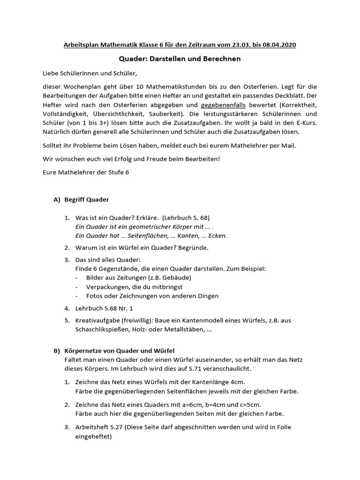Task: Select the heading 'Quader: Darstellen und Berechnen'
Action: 180,59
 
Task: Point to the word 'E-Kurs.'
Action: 305,123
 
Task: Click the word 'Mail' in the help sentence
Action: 288,145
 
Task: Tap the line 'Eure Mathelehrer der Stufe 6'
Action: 86,172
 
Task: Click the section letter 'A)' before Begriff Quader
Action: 57,200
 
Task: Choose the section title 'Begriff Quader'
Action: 87,200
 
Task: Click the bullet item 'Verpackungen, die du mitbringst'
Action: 135,286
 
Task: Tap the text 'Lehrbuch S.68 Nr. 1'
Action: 104,308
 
